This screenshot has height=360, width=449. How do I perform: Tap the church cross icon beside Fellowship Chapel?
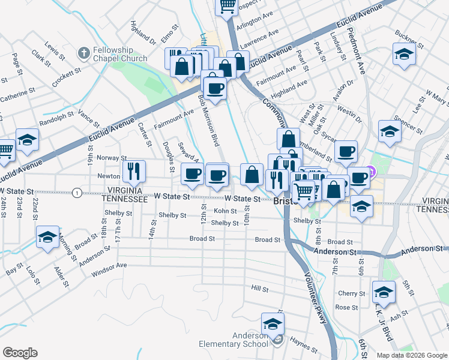[x=83, y=53]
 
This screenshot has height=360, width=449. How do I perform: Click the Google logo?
[x=20, y=353]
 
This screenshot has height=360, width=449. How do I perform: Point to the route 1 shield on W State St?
[x=77, y=193]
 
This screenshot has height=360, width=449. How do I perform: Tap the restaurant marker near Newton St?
[x=134, y=172]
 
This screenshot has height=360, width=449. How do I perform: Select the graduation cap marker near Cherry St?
[x=384, y=292]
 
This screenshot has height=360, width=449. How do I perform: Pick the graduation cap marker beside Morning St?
[x=47, y=237]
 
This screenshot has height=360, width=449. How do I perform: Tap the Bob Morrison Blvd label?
[x=208, y=120]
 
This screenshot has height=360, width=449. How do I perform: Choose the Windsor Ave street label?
[x=109, y=269]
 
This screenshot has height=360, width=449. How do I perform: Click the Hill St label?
[x=260, y=289]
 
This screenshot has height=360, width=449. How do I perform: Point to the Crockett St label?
[x=66, y=78]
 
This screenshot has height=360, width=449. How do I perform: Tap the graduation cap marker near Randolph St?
[x=27, y=140]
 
